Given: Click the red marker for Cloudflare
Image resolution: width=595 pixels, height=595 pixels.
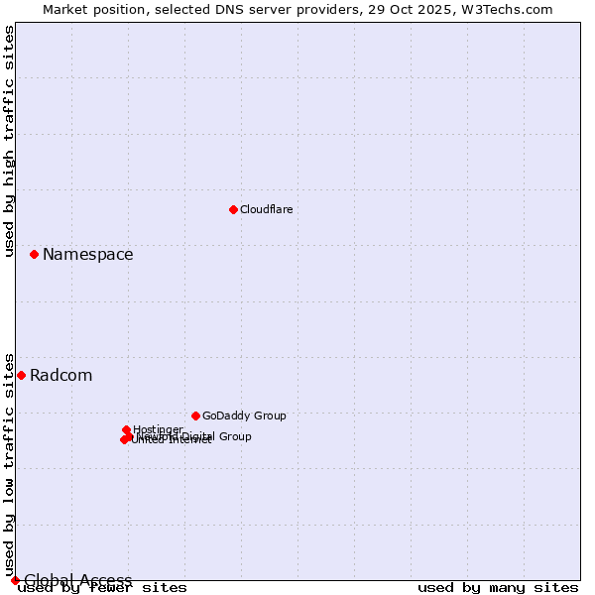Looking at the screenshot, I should (233, 209).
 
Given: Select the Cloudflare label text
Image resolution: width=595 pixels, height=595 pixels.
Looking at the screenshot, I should (266, 209).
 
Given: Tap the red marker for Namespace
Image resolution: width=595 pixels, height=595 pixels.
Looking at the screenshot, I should (34, 255).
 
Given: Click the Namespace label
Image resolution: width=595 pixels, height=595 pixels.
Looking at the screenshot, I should (87, 255).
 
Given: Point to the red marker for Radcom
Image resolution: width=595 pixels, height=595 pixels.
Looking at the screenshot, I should (21, 375).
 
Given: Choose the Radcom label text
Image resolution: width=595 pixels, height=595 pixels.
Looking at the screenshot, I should (60, 376).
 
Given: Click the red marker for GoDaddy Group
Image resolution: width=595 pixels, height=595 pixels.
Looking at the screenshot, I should (195, 416).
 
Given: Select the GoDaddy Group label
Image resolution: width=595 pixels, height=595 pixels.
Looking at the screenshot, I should (244, 416).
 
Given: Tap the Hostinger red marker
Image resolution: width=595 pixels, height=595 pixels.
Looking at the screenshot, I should (126, 429).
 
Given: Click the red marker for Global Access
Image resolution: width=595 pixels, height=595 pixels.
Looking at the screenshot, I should (15, 580).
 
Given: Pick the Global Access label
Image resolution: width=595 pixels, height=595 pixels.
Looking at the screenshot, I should (77, 581).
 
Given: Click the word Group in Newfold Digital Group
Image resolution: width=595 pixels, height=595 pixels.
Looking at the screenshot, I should (233, 436).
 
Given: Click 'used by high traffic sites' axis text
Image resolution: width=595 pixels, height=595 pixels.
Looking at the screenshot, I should (10, 141).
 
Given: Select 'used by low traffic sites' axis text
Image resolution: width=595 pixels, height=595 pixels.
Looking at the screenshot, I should (10, 464).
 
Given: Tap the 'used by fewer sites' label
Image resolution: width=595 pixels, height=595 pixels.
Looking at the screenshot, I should (103, 587).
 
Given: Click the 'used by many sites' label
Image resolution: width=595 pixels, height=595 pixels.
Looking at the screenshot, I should (498, 587).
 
